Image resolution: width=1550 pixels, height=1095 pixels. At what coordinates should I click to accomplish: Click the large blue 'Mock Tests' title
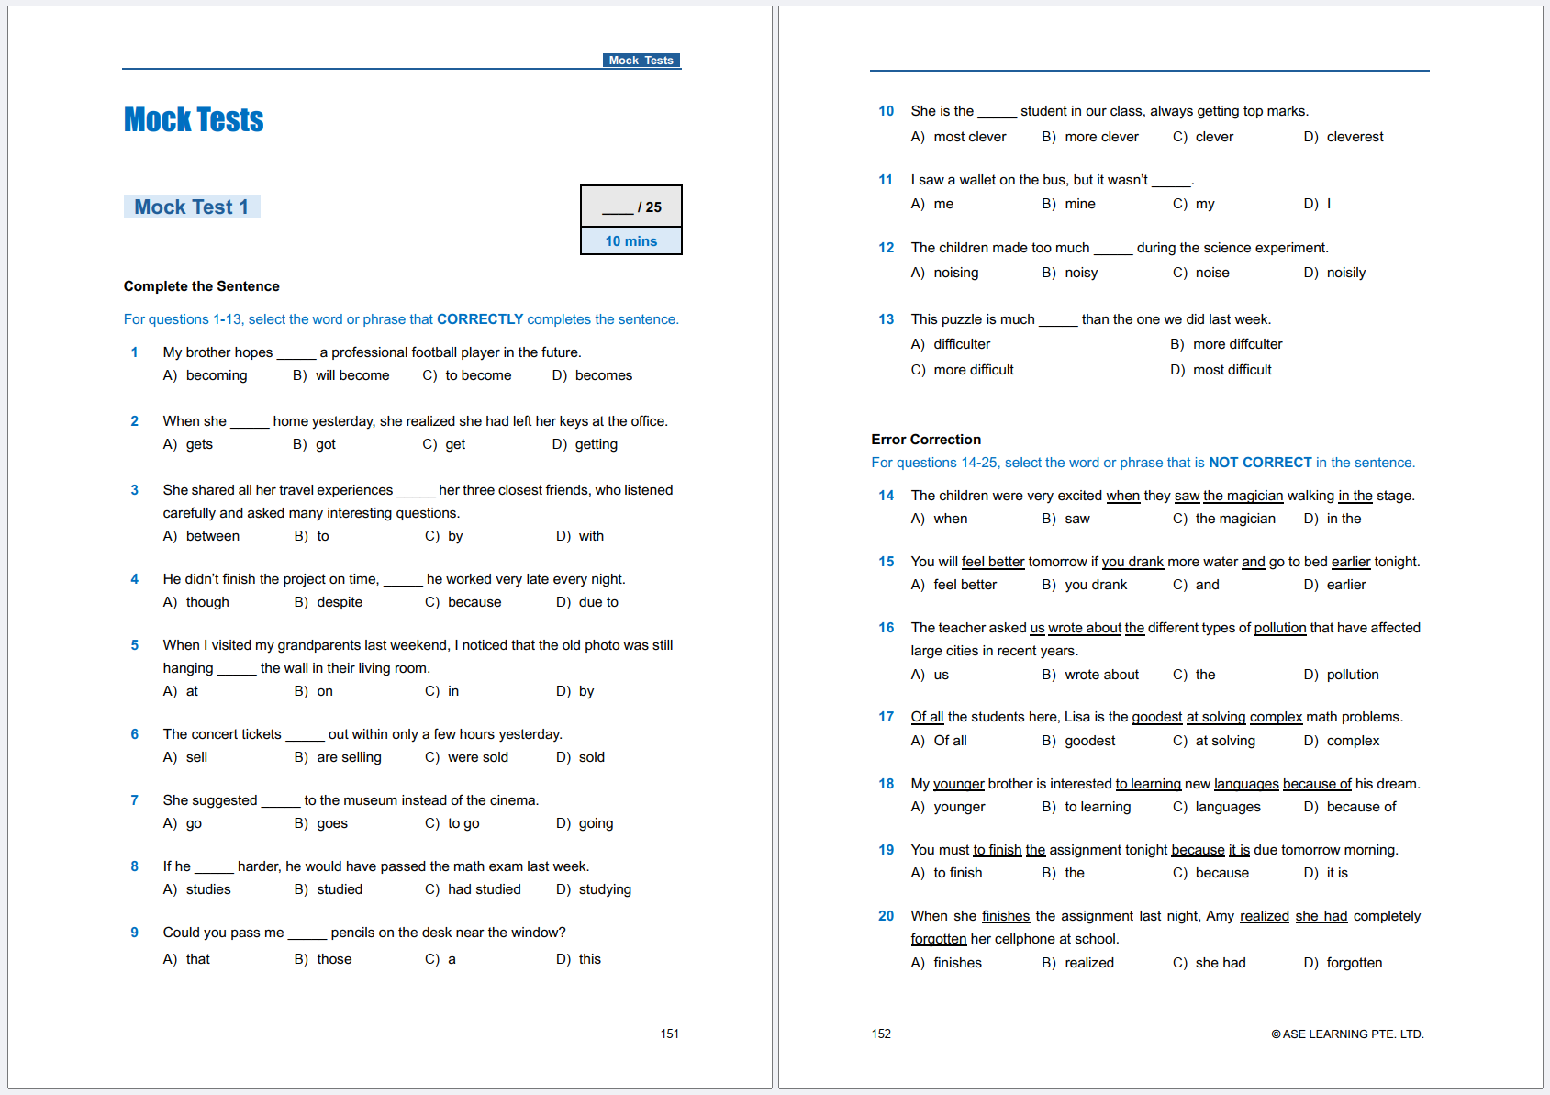[194, 120]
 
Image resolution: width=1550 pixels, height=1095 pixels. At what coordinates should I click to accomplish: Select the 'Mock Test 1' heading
[191, 207]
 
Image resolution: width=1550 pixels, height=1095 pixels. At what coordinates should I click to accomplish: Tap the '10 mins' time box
[630, 241]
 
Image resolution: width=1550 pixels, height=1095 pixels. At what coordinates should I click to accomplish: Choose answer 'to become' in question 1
[477, 375]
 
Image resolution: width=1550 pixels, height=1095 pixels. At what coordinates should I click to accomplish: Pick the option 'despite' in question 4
[340, 602]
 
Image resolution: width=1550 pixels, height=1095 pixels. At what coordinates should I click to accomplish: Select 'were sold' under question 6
[477, 757]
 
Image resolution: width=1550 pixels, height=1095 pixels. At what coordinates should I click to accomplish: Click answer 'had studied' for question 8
[484, 889]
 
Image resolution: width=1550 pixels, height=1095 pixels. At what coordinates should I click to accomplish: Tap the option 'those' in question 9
[334, 959]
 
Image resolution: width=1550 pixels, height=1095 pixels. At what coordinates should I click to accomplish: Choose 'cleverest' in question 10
[1355, 137]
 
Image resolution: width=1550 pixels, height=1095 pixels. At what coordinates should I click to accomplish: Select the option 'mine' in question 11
[1079, 204]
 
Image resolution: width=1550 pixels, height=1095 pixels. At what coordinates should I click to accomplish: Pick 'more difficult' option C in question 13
[973, 370]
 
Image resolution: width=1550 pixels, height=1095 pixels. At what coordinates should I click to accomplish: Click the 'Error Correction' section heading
[926, 440]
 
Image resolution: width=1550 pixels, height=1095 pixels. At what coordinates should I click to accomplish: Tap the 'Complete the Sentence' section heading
[202, 286]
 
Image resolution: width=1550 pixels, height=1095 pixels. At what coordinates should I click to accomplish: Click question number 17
[886, 717]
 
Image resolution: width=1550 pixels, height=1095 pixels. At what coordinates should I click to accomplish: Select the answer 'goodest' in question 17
[1089, 741]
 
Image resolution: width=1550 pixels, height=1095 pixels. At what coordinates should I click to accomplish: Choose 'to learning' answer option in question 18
[1098, 807]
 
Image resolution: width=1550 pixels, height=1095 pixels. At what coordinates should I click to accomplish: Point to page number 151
[670, 1034]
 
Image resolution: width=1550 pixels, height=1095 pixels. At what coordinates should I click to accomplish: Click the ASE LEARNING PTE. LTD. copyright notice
[1347, 1034]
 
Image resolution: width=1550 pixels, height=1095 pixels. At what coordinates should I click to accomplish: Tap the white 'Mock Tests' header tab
[641, 61]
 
